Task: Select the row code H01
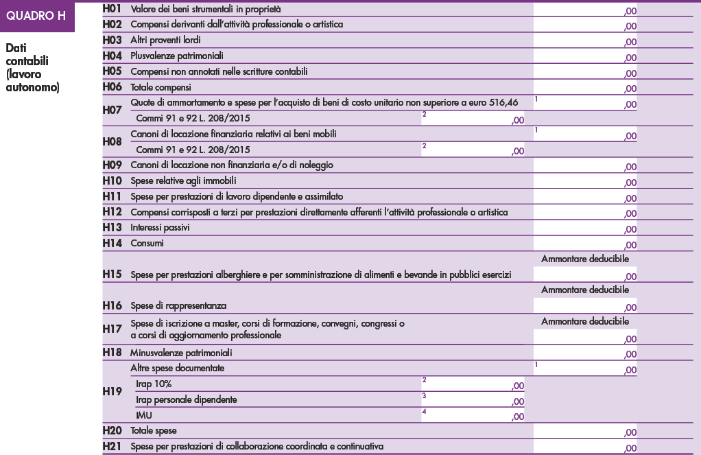pyautogui.click(x=112, y=9)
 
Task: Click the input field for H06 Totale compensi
pyautogui.click(x=584, y=87)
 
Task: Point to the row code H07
pyautogui.click(x=112, y=110)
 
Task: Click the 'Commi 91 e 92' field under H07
pyautogui.click(x=473, y=118)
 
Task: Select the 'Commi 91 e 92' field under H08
pyautogui.click(x=473, y=150)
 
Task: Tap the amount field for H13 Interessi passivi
pyautogui.click(x=584, y=228)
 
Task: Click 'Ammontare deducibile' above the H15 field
pyautogui.click(x=585, y=259)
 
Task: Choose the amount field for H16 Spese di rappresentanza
pyautogui.click(x=584, y=305)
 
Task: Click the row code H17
pyautogui.click(x=112, y=329)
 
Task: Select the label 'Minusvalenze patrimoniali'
pyautogui.click(x=181, y=353)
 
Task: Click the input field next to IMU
pyautogui.click(x=473, y=415)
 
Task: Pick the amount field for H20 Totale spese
pyautogui.click(x=584, y=431)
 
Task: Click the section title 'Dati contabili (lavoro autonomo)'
pyautogui.click(x=32, y=69)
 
